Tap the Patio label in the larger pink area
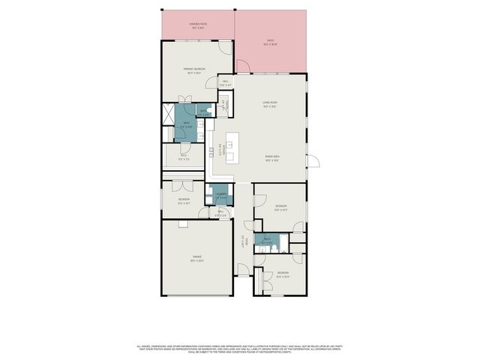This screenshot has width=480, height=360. pyautogui.click(x=271, y=41)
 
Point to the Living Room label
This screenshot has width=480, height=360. pyautogui.click(x=270, y=103)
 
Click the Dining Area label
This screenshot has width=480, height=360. pyautogui.click(x=271, y=156)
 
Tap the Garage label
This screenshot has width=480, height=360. pyautogui.click(x=197, y=256)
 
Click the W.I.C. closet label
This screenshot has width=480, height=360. pyautogui.click(x=183, y=156)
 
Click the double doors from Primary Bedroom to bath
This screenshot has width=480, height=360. pyautogui.click(x=185, y=100)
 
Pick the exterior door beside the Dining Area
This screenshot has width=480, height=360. pyautogui.click(x=313, y=160)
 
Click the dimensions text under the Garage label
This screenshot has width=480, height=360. pyautogui.click(x=197, y=260)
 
